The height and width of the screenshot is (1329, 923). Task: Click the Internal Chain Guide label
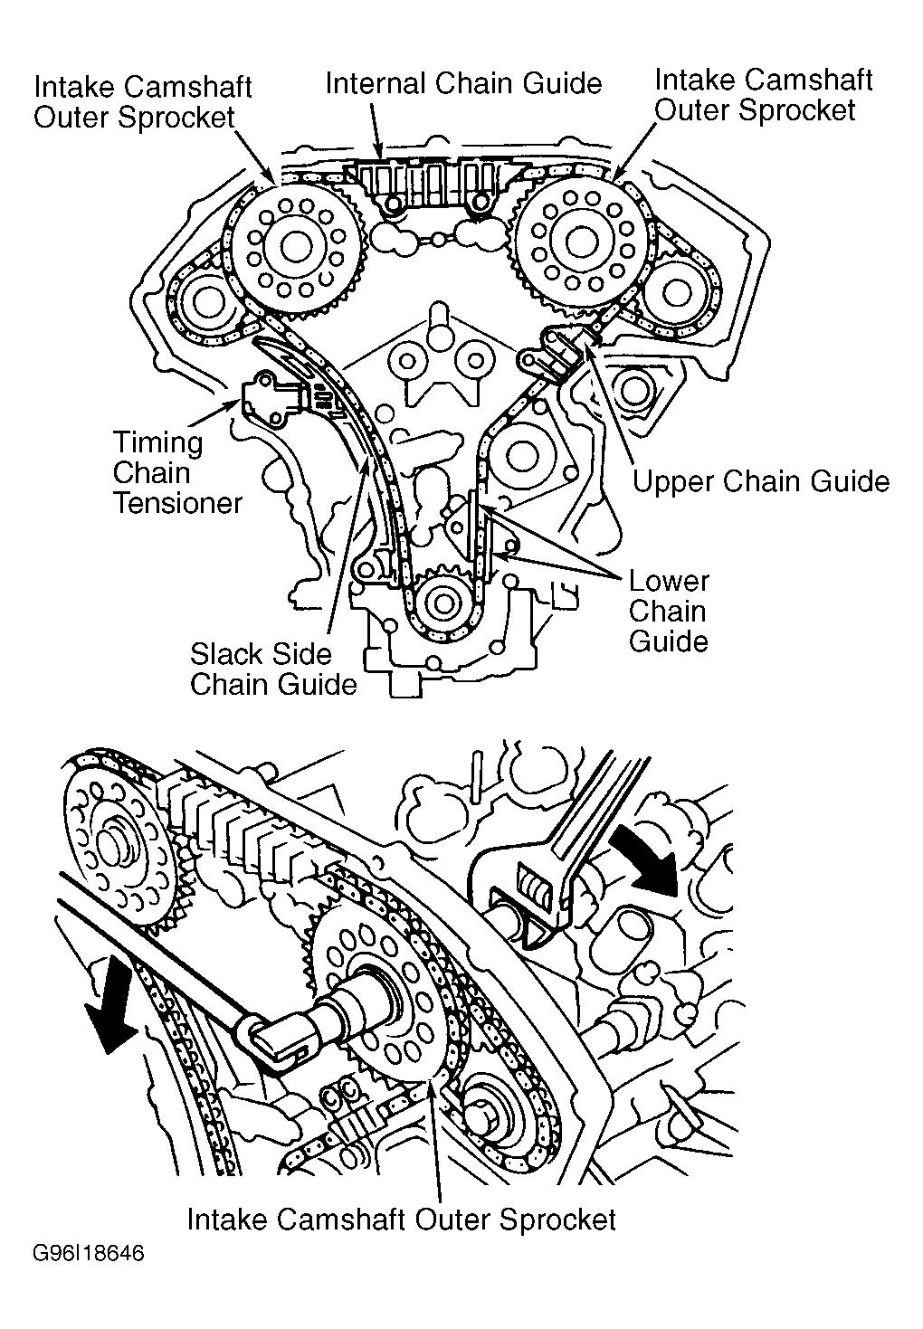tap(463, 84)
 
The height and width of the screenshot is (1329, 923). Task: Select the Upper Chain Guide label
tap(760, 481)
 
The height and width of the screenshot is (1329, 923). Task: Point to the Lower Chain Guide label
tap(669, 611)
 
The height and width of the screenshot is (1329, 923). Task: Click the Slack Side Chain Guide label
tap(273, 669)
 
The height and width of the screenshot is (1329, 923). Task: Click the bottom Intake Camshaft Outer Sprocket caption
tap(401, 1219)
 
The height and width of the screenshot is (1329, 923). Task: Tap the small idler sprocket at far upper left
tap(204, 303)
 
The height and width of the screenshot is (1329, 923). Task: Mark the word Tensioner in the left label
tap(177, 504)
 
